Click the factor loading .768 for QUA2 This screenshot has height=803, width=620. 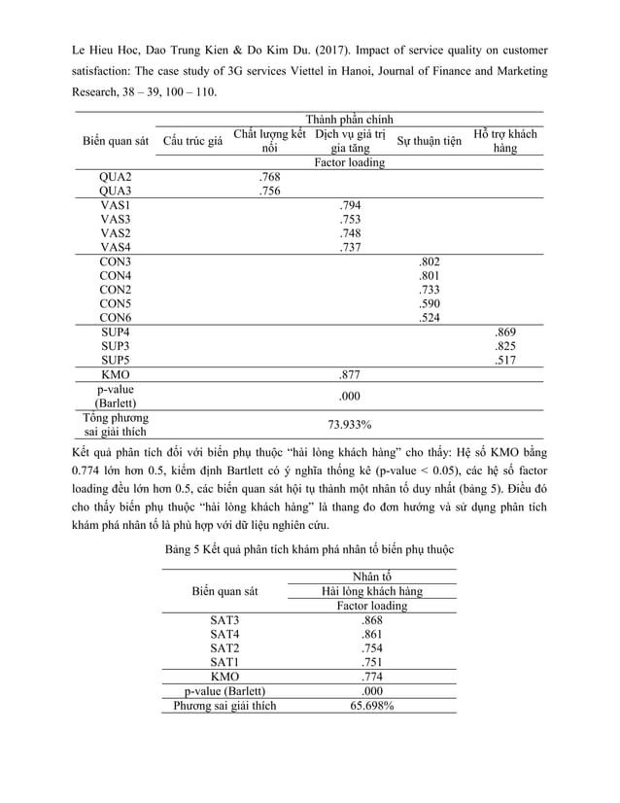pos(270,177)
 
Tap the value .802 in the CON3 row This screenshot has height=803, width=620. pos(428,262)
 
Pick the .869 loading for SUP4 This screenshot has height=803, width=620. pos(505,332)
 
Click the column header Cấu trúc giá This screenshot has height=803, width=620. pos(193,141)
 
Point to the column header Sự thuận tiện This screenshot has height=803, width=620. pos(429,141)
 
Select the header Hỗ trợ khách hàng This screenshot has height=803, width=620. pos(504,141)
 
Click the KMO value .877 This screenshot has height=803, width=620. pos(351,373)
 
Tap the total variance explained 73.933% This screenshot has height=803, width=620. pos(350,425)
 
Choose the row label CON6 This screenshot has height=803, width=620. pos(116,317)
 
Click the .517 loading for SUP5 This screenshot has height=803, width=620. pos(505,359)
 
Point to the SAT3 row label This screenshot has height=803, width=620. pos(224,620)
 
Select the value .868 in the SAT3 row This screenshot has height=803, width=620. pos(371,620)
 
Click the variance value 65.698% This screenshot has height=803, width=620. pos(371,706)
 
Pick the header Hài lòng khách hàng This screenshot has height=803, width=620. pos(371,591)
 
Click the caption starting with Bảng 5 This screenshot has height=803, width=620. pos(309,550)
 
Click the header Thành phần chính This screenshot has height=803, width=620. pos(350,118)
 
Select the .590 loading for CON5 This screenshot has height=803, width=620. pos(428,303)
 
